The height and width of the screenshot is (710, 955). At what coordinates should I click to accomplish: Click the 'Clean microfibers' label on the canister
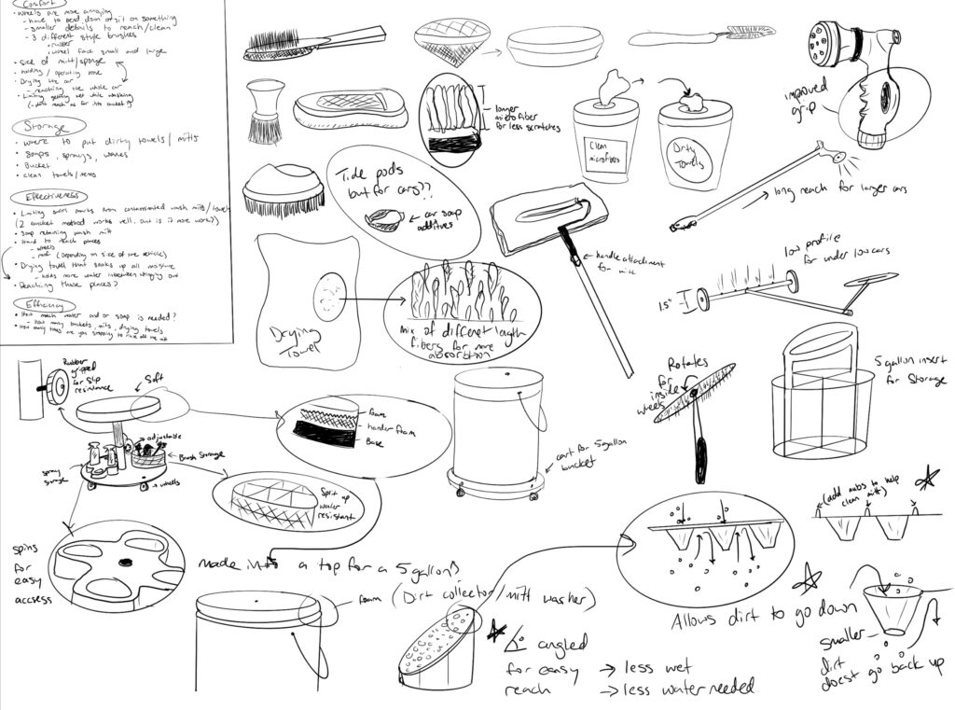[604, 151]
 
